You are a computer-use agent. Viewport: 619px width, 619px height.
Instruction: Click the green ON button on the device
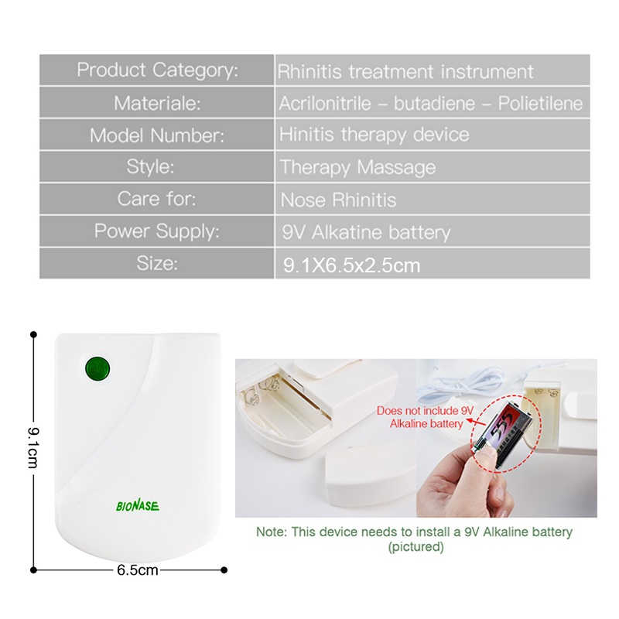tap(97, 369)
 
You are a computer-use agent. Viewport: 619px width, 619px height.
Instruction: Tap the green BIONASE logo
tap(138, 505)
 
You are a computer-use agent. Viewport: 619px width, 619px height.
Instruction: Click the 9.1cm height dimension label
tap(33, 448)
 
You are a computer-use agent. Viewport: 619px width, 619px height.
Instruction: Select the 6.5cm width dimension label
tap(138, 570)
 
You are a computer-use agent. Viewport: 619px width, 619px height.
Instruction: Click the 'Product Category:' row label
tap(157, 70)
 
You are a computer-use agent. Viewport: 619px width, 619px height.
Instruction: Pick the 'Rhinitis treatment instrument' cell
tap(405, 72)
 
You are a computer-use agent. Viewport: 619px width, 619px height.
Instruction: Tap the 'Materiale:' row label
tap(157, 104)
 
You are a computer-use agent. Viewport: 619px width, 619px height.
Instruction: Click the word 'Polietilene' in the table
tap(540, 104)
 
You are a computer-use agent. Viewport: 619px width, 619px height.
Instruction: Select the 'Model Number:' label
tap(157, 136)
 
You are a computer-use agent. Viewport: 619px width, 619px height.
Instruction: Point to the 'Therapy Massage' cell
tap(357, 167)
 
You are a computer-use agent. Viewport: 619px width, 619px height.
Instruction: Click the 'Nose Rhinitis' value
tap(338, 200)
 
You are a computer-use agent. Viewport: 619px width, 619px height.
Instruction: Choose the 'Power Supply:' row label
tap(157, 231)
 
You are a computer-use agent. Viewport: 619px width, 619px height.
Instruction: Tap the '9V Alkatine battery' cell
tap(366, 232)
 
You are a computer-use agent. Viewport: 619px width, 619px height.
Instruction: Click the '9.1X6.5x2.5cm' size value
tap(352, 265)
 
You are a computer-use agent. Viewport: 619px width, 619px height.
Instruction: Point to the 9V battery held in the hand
tap(504, 434)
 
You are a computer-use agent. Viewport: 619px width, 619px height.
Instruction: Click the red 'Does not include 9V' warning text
tap(425, 411)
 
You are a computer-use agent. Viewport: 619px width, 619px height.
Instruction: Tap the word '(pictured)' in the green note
tap(416, 547)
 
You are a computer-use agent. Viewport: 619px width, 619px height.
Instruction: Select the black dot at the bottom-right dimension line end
tap(224, 570)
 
